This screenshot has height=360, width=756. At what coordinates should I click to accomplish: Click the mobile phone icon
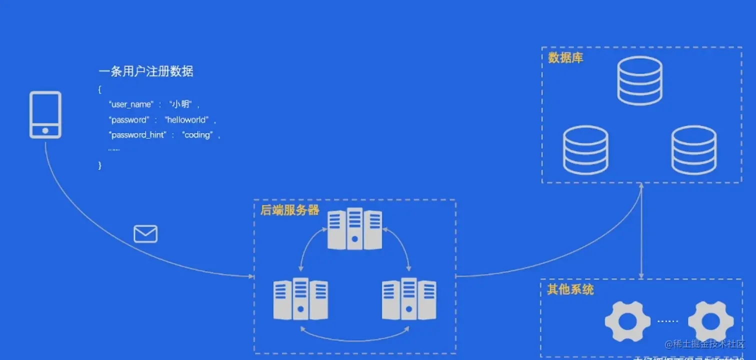click(45, 114)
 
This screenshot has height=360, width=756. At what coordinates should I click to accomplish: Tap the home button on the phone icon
click(45, 130)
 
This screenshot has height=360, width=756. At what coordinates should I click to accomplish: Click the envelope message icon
click(145, 233)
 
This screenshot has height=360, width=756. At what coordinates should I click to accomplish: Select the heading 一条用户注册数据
click(146, 71)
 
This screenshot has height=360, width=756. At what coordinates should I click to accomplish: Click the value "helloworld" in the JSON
click(186, 120)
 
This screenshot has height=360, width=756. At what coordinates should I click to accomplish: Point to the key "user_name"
click(131, 104)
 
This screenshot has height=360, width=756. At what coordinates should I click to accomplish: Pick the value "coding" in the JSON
click(197, 135)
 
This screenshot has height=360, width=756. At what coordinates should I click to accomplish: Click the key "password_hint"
click(137, 135)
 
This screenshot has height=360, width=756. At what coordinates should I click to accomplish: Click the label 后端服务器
click(289, 210)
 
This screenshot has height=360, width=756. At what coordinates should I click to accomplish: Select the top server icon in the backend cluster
click(354, 229)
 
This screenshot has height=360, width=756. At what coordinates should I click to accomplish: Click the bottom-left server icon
click(300, 299)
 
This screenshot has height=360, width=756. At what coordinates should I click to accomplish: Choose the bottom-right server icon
click(409, 299)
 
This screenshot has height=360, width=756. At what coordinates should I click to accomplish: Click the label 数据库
click(565, 58)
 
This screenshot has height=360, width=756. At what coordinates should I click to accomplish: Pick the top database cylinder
click(640, 80)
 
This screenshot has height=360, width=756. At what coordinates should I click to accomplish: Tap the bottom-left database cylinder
click(585, 150)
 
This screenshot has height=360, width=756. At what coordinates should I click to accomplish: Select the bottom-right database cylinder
click(694, 150)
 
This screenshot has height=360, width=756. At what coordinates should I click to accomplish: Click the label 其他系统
click(570, 289)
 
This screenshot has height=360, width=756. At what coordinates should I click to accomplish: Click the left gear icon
click(627, 321)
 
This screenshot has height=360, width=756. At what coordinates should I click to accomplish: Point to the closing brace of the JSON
click(100, 165)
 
